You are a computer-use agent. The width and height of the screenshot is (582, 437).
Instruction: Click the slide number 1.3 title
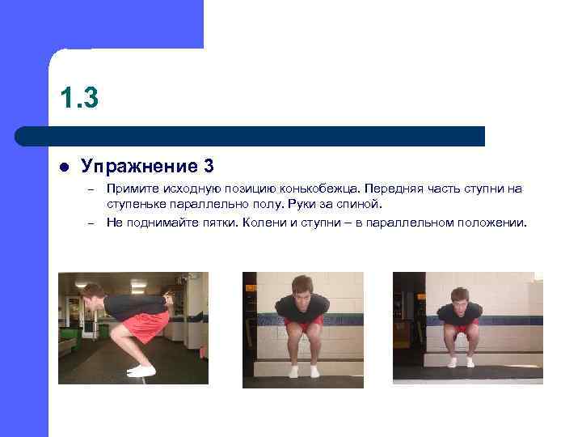(x=78, y=98)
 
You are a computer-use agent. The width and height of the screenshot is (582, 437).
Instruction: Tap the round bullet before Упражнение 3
(x=65, y=168)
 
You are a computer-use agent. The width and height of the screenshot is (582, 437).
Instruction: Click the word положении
(x=492, y=222)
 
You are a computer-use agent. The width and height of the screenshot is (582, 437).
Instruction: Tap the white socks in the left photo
(x=141, y=371)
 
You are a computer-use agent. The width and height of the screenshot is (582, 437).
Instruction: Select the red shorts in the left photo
(x=146, y=325)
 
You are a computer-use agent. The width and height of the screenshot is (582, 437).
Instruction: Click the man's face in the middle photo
(x=302, y=288)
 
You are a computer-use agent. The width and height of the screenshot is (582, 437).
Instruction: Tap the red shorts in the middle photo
(x=304, y=322)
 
